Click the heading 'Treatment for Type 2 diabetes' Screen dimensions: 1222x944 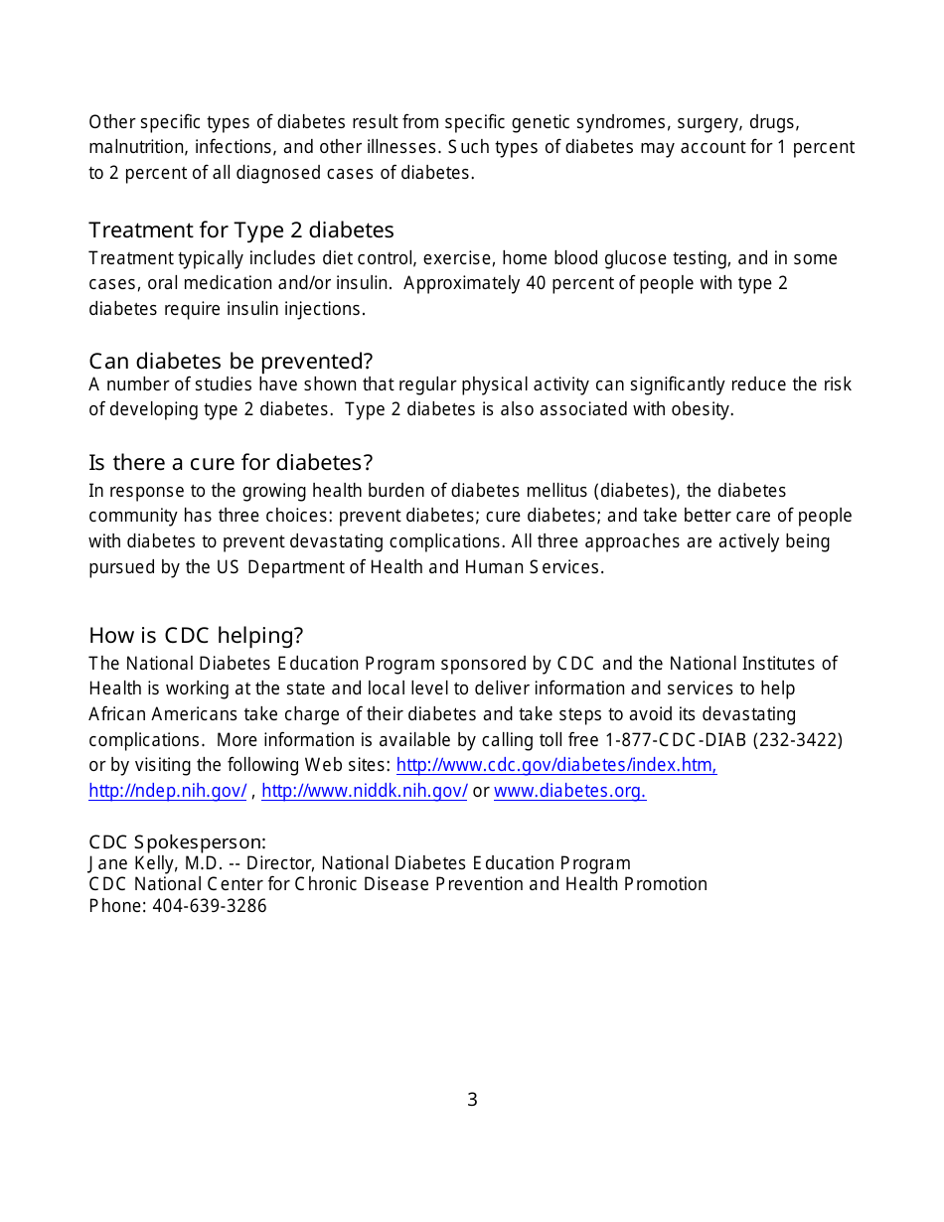(x=241, y=230)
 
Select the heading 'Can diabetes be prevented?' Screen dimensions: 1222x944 (x=231, y=361)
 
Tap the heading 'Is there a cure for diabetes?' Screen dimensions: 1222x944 (x=231, y=463)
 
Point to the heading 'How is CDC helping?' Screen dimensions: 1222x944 (x=196, y=636)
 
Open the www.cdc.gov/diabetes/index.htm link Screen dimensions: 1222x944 (x=556, y=765)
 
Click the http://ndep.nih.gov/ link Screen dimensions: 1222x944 (x=167, y=791)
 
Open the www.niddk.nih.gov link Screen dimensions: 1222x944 (x=364, y=791)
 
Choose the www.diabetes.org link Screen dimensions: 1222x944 (x=569, y=791)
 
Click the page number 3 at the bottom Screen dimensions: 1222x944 (x=472, y=1100)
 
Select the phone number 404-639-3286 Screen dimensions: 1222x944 (x=210, y=906)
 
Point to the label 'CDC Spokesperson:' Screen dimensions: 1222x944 (x=177, y=841)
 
